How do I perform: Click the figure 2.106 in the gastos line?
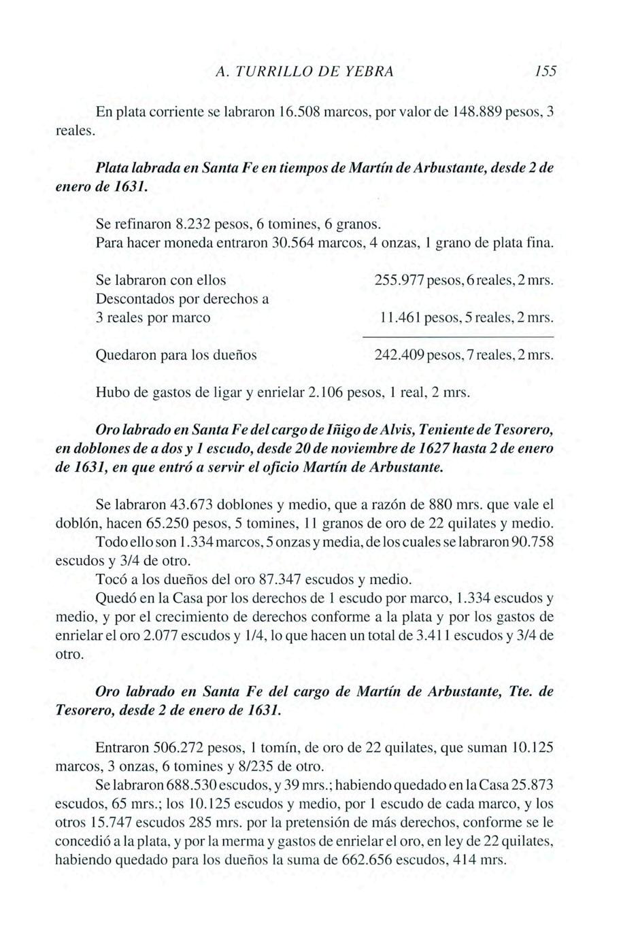click(x=325, y=392)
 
